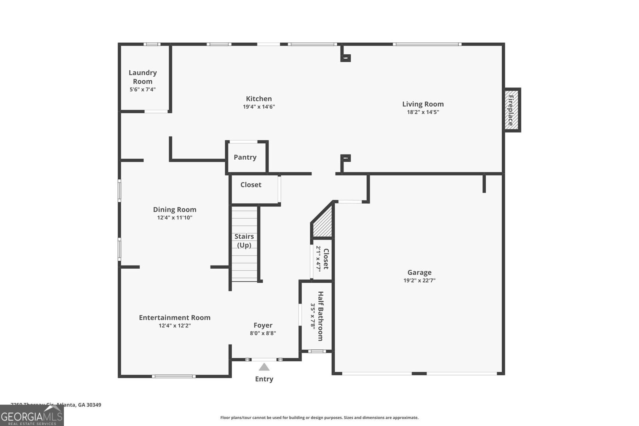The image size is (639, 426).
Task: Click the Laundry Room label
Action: click(143, 77)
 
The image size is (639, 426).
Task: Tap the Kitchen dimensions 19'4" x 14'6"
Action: click(259, 107)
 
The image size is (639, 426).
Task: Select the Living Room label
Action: click(423, 104)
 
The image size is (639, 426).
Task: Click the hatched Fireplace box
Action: click(510, 109)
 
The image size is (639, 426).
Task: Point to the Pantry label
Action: click(245, 157)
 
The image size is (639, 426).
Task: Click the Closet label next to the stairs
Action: click(251, 185)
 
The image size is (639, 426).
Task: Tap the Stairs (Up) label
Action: click(244, 241)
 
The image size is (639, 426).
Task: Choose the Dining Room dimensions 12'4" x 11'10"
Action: click(175, 218)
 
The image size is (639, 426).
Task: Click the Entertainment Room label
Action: click(175, 317)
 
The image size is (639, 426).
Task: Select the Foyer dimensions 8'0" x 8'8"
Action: click(263, 333)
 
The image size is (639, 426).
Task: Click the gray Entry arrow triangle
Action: click(264, 367)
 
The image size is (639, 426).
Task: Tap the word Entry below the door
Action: click(264, 379)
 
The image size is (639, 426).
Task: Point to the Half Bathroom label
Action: click(320, 316)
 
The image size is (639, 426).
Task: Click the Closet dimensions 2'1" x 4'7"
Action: click(319, 259)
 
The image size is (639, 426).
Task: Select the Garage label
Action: click(419, 272)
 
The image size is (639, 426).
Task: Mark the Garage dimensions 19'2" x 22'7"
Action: click(419, 281)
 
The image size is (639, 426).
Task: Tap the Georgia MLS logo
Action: click(32, 416)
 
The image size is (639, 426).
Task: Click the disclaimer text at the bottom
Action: click(319, 418)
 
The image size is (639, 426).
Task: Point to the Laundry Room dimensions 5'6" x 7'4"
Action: click(143, 90)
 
